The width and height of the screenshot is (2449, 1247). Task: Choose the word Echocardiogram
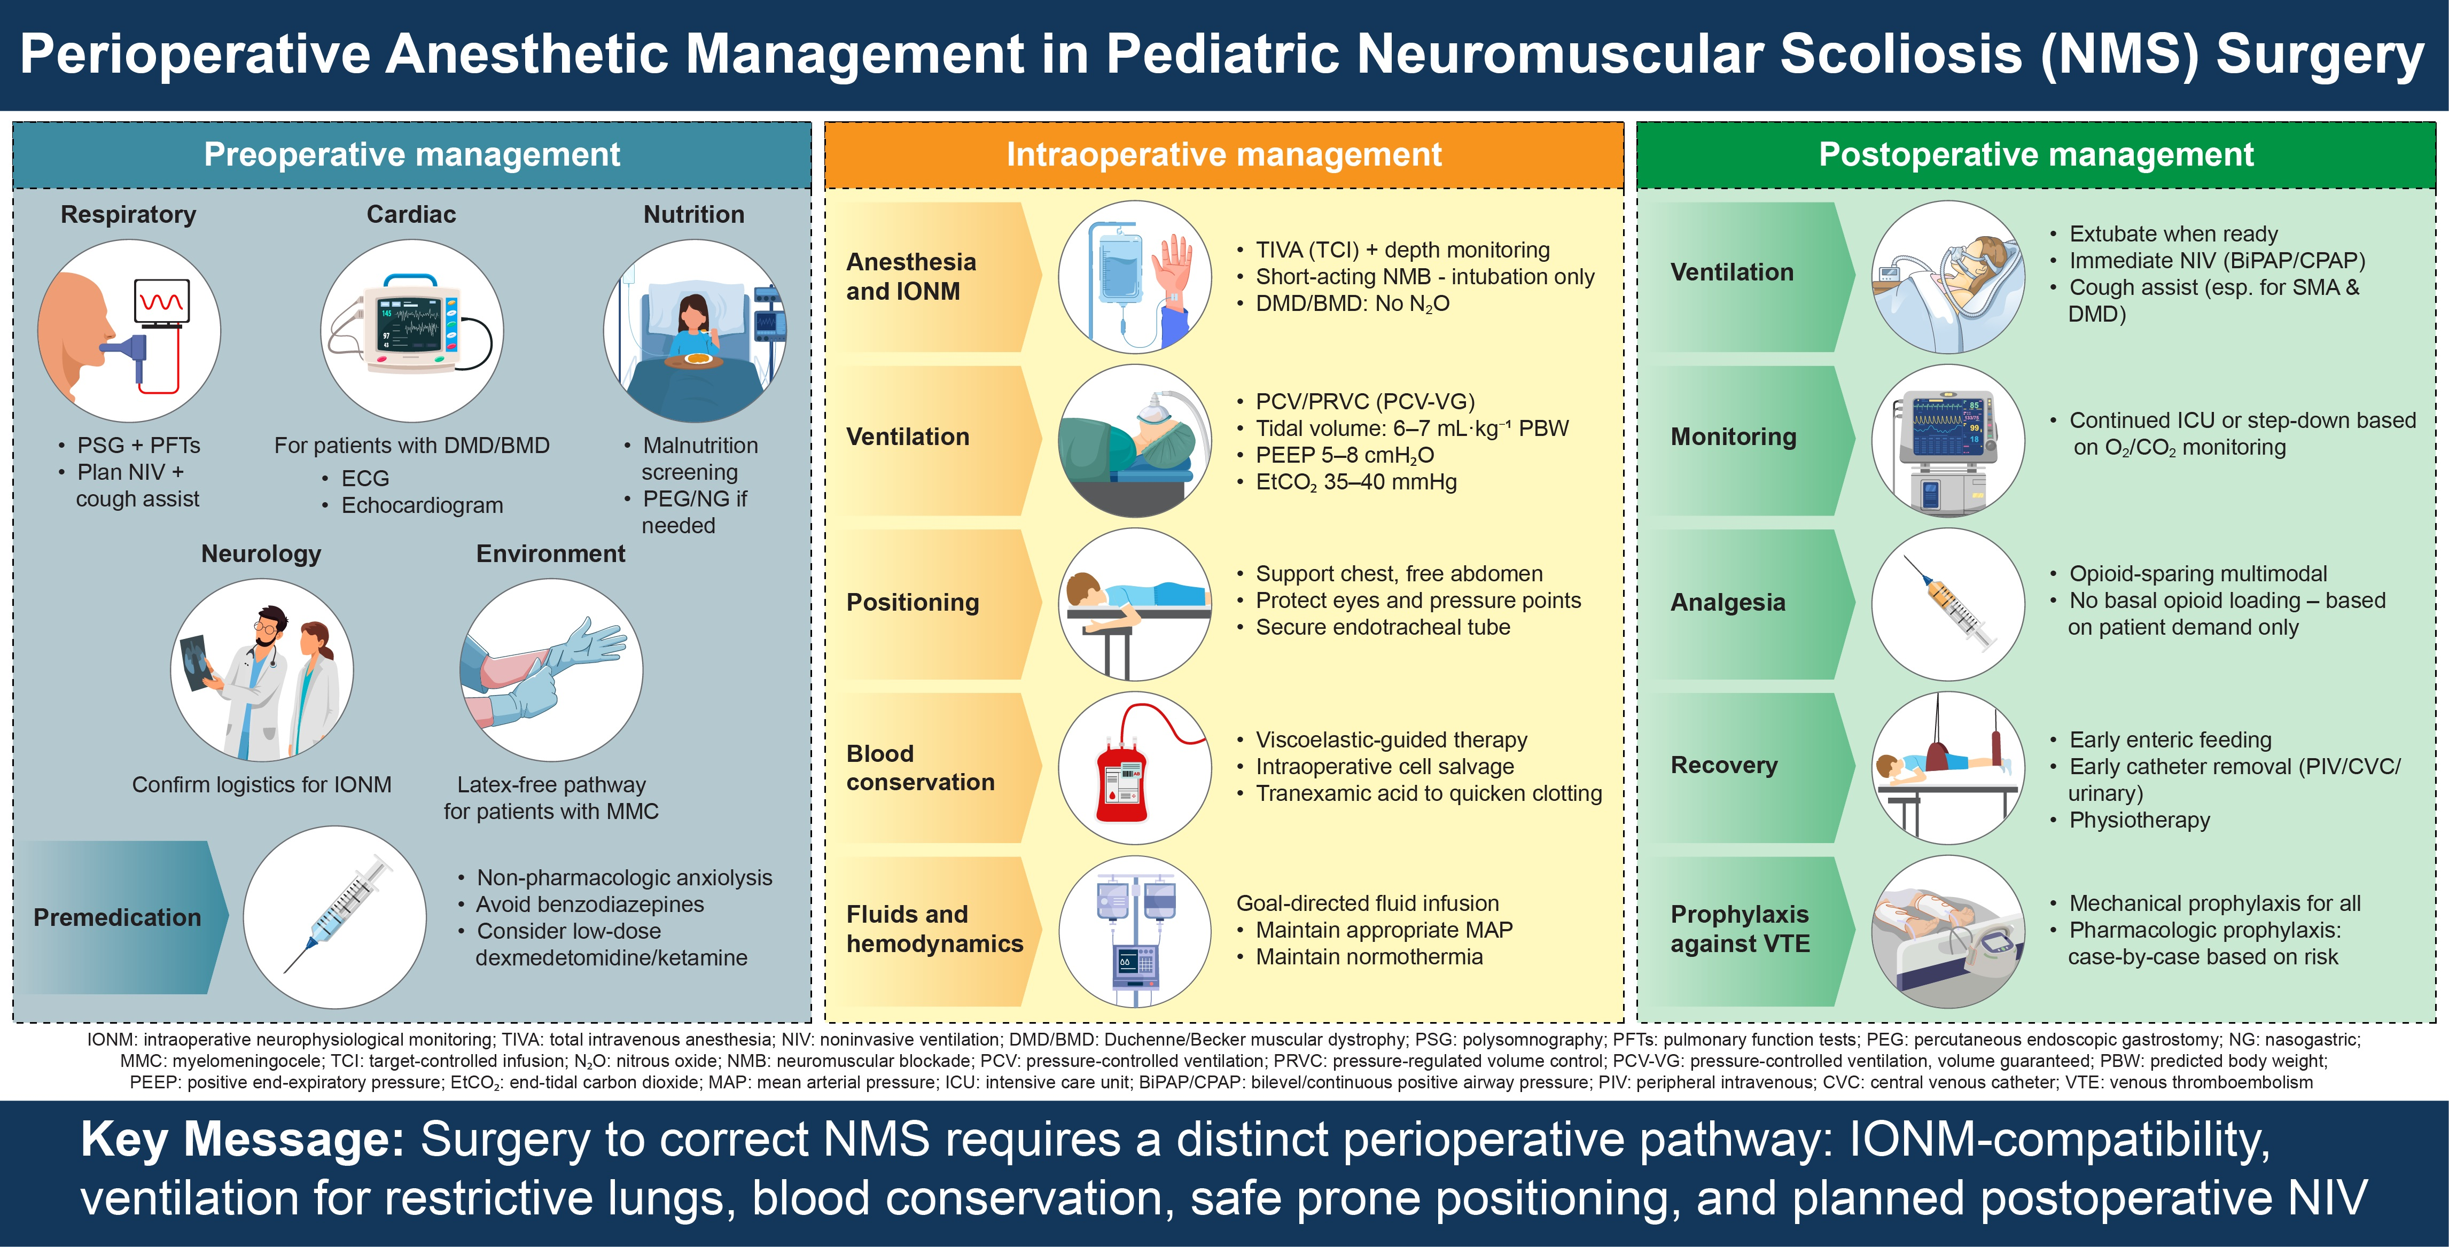pyautogui.click(x=422, y=505)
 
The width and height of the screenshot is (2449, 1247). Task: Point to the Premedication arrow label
pyautogui.click(x=117, y=917)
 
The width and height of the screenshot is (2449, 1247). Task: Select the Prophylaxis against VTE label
pyautogui.click(x=1740, y=929)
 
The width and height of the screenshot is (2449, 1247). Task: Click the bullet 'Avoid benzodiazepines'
pyautogui.click(x=589, y=905)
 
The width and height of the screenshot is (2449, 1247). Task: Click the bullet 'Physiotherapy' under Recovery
pyautogui.click(x=2139, y=820)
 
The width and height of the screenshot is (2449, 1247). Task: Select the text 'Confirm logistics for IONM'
pyautogui.click(x=261, y=785)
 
